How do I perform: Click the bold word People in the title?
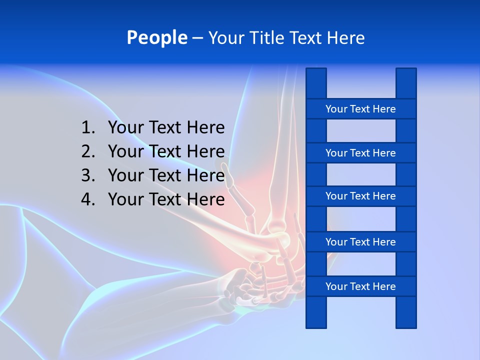click(x=156, y=37)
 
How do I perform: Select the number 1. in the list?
click(x=88, y=128)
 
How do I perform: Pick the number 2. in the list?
click(x=88, y=151)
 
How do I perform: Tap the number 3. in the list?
click(x=88, y=175)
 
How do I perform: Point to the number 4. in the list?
click(x=88, y=199)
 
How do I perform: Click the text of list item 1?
click(x=166, y=128)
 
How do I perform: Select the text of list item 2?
click(x=166, y=151)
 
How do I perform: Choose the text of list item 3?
click(x=166, y=175)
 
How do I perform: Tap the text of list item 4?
click(x=166, y=199)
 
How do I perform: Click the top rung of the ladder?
click(x=360, y=109)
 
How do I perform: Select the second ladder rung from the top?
click(x=360, y=153)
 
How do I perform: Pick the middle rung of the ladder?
click(x=360, y=196)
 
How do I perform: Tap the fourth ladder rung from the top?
click(x=360, y=242)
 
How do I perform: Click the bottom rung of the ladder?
click(x=360, y=286)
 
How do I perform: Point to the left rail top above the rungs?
click(x=316, y=83)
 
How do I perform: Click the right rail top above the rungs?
click(x=406, y=83)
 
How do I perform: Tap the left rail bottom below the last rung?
click(x=316, y=312)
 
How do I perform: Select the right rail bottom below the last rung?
click(x=406, y=312)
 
